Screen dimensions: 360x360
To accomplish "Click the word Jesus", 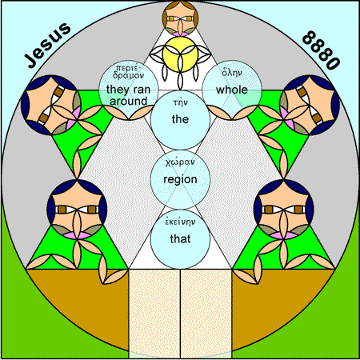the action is click(48, 45).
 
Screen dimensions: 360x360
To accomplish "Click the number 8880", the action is click(321, 50).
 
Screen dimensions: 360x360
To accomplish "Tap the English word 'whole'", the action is click(232, 90).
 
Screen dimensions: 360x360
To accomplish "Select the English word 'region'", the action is click(180, 179).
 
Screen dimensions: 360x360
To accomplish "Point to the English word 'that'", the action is click(180, 238).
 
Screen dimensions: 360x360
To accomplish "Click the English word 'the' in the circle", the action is click(180, 119).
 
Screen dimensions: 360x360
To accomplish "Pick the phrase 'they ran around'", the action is click(128, 95).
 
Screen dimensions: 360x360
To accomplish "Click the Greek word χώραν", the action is click(180, 162).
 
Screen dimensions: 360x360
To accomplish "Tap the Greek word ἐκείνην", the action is click(180, 222).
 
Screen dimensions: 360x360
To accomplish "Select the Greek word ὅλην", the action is click(232, 72).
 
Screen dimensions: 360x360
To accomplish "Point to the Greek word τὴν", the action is click(180, 102).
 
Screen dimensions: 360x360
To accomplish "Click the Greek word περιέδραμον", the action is click(128, 72).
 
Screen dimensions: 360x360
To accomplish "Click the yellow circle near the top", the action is click(180, 54).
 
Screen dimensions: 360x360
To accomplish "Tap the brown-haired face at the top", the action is click(180, 18).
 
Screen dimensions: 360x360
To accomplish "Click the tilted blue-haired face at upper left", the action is click(51, 105).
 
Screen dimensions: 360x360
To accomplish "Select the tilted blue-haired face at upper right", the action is click(310, 105).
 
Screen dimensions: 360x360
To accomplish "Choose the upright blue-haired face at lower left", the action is click(77, 209).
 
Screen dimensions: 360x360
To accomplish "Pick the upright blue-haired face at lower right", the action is click(284, 209).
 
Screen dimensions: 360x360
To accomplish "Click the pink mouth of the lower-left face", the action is click(77, 235).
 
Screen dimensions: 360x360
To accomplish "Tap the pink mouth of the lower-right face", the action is click(284, 235).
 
